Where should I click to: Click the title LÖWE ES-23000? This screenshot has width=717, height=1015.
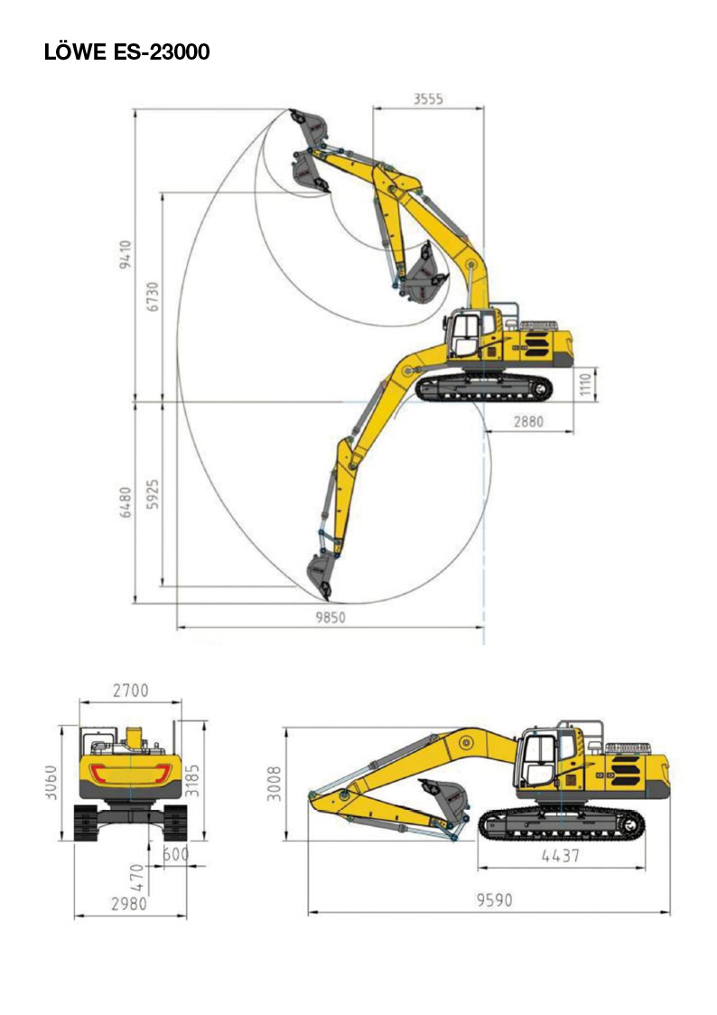tap(126, 52)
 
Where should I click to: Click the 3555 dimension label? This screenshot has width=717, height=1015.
tap(428, 99)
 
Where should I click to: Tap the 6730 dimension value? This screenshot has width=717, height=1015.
tap(153, 296)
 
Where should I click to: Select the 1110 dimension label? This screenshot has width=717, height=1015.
tap(586, 384)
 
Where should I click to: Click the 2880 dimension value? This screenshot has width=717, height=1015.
tap(528, 421)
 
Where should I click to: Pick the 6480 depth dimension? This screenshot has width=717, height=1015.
tap(126, 503)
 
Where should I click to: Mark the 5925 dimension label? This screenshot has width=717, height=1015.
tap(153, 494)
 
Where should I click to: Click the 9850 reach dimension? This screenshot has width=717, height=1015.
tap(331, 617)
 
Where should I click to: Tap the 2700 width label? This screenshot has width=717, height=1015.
tap(131, 691)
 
